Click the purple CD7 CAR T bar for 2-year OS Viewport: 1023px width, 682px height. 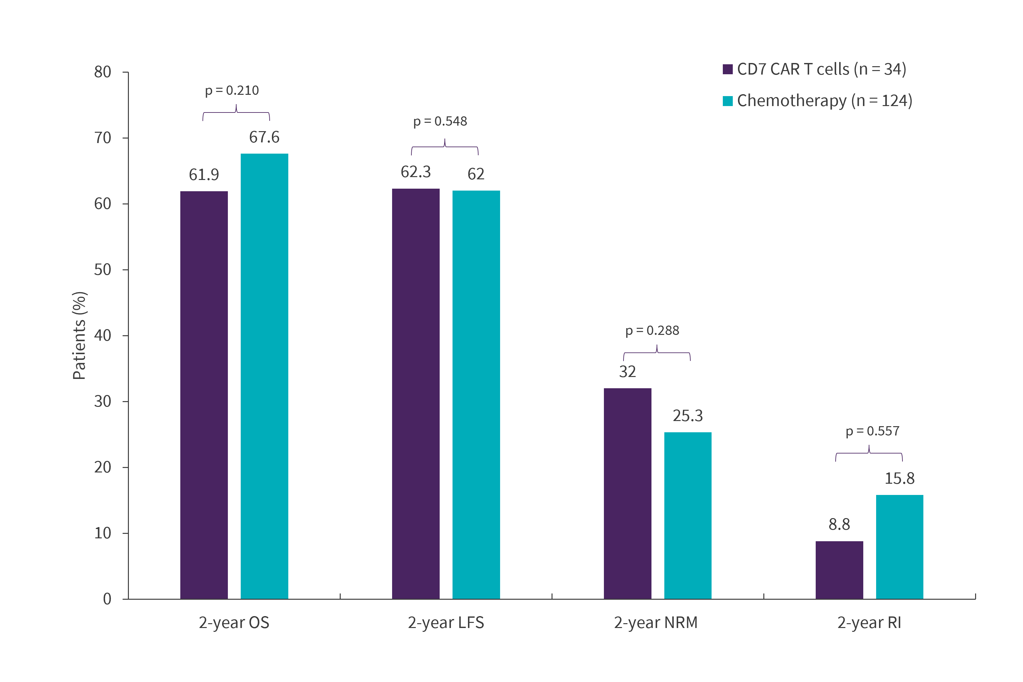pyautogui.click(x=204, y=395)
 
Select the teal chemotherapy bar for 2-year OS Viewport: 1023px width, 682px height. pyautogui.click(x=265, y=376)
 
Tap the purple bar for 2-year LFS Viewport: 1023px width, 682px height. pyautogui.click(x=416, y=394)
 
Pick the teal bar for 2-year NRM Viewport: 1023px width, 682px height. pyautogui.click(x=688, y=516)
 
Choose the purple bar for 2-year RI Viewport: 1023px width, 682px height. pyautogui.click(x=839, y=570)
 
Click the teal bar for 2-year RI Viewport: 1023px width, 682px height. pyautogui.click(x=900, y=547)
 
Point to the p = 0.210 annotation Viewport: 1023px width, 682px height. pyautogui.click(x=232, y=90)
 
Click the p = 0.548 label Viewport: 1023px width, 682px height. pyautogui.click(x=440, y=121)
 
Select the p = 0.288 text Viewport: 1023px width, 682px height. pyautogui.click(x=652, y=331)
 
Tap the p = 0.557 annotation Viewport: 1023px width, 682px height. pyautogui.click(x=873, y=431)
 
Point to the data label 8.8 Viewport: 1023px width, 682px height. pyautogui.click(x=839, y=525)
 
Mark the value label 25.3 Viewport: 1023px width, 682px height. pyautogui.click(x=688, y=416)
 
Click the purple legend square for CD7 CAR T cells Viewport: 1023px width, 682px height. pyautogui.click(x=728, y=69)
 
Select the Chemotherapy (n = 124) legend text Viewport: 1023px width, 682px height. pyautogui.click(x=825, y=101)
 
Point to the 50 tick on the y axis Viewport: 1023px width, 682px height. pyautogui.click(x=103, y=270)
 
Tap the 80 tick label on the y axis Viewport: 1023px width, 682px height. pyautogui.click(x=103, y=72)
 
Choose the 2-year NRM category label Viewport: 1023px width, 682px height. pyautogui.click(x=655, y=623)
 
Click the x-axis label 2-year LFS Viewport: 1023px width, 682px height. pyautogui.click(x=446, y=623)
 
